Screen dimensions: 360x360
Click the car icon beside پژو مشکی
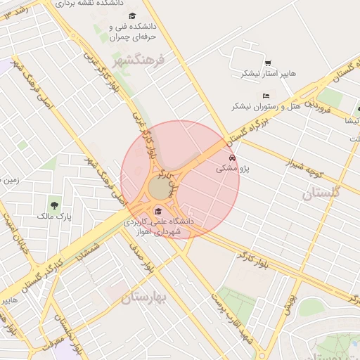(232, 157)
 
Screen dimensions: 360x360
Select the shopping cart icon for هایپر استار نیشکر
(268, 63)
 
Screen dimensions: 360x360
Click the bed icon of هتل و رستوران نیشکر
(265, 96)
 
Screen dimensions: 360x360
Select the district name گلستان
(321, 193)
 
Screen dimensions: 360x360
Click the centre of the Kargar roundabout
(160, 188)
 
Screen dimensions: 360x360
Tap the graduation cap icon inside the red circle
(158, 211)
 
